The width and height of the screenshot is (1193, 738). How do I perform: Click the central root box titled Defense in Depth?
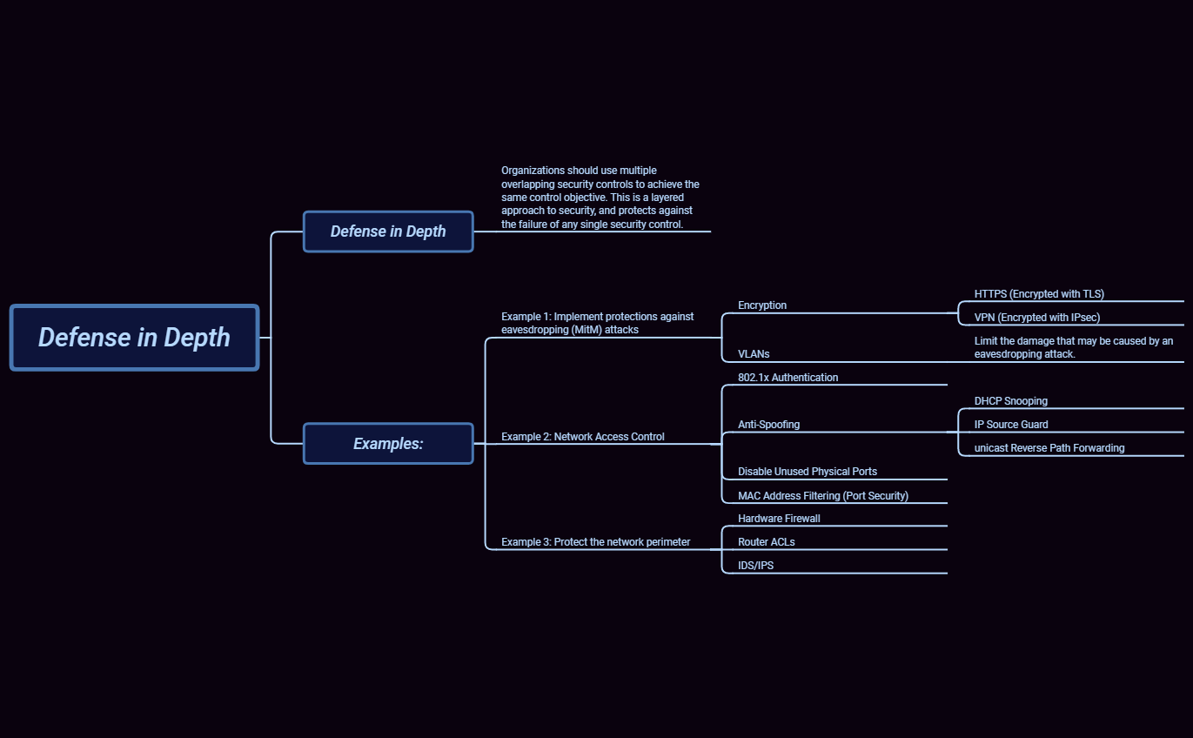point(134,338)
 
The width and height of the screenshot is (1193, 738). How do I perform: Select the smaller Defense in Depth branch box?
point(388,231)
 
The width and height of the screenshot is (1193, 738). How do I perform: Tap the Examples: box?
point(388,444)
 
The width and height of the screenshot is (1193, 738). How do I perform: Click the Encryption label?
point(762,305)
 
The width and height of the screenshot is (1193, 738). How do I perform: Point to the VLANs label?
point(754,354)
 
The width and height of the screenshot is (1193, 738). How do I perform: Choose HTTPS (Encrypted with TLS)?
point(1039,294)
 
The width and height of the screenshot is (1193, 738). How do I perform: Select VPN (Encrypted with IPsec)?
point(1036,318)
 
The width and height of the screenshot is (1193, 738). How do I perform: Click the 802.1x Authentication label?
point(788,378)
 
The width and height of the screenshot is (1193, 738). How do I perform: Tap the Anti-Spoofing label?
point(768,425)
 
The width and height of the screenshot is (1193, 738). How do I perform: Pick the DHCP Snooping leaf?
point(1010,401)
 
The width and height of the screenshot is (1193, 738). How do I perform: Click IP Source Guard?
point(1011,425)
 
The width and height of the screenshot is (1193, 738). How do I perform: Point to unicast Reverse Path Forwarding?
point(1049,448)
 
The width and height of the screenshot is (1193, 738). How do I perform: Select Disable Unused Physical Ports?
point(807,472)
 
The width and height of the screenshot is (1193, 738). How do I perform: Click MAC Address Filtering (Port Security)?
point(822,496)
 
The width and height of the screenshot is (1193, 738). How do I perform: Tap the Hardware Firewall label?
point(779,519)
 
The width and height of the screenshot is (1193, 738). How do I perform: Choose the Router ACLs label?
point(766,542)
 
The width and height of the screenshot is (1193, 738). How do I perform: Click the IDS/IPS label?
point(755,566)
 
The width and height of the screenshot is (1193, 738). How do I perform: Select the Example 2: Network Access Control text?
point(582,437)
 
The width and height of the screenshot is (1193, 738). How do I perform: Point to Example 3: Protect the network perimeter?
point(595,542)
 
